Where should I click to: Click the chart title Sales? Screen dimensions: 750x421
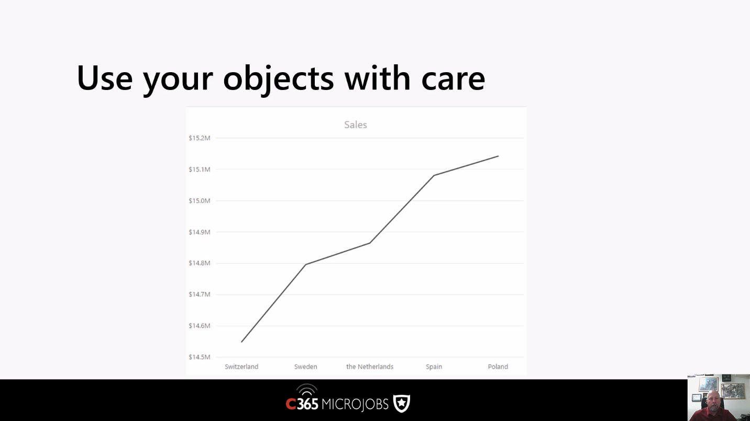tap(356, 124)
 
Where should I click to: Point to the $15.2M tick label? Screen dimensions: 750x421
tap(200, 138)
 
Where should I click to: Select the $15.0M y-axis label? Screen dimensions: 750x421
tap(200, 201)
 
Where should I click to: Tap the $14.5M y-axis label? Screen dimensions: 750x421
tap(200, 357)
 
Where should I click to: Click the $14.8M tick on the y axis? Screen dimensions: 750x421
tap(200, 263)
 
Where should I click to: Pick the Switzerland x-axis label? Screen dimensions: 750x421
tap(241, 367)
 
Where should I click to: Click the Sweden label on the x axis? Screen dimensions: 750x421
tap(306, 367)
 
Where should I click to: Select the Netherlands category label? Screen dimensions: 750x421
tap(370, 367)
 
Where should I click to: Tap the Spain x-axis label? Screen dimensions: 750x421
tap(434, 367)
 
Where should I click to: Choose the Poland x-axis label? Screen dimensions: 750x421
tap(498, 367)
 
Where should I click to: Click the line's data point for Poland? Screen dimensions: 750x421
tap(498, 156)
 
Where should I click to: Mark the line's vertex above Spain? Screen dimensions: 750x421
tap(434, 175)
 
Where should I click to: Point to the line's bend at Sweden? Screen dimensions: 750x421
tap(306, 265)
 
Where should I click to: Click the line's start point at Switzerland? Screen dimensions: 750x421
tap(242, 342)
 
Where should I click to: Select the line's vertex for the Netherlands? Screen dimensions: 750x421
tap(370, 243)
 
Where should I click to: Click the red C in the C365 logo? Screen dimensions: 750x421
tap(291, 404)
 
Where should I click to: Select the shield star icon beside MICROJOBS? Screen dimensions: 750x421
tap(402, 403)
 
